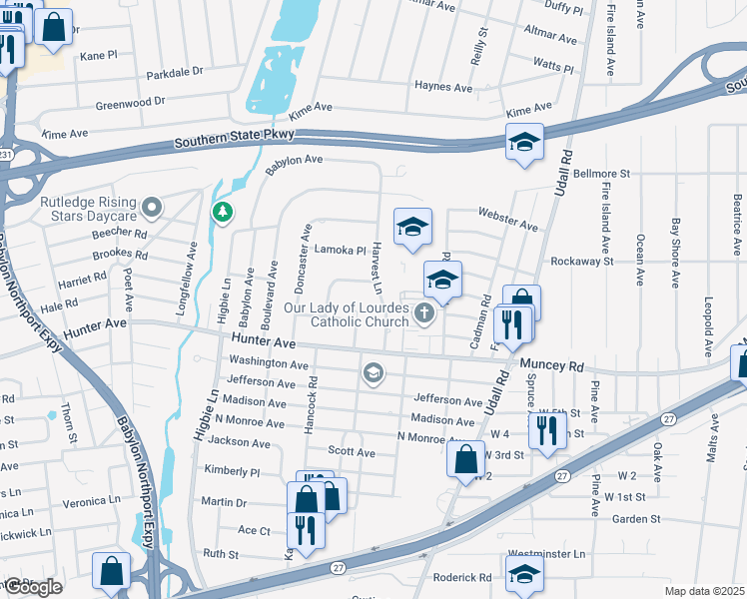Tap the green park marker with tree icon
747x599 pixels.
[222, 212]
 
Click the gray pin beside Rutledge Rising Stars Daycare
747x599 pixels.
[152, 208]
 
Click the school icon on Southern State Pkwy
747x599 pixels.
[524, 144]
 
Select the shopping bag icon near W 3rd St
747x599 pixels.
[465, 460]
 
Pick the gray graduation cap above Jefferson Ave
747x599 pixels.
[373, 373]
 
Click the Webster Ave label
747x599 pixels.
[508, 219]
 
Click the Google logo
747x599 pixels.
[32, 587]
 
